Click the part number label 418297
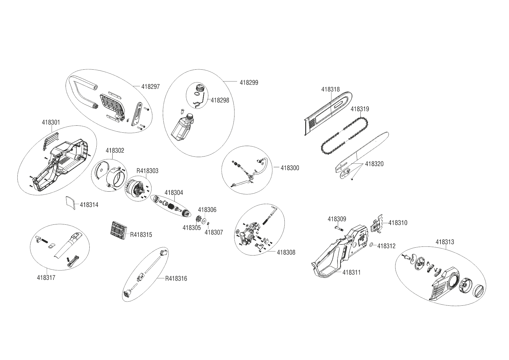click(x=151, y=87)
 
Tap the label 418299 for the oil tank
click(x=249, y=82)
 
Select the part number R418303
click(x=147, y=171)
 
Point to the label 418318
click(x=330, y=90)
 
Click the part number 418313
click(x=445, y=242)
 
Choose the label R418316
click(x=176, y=279)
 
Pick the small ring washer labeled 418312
click(x=372, y=246)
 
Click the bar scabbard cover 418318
click(x=328, y=113)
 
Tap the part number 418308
click(x=286, y=253)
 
